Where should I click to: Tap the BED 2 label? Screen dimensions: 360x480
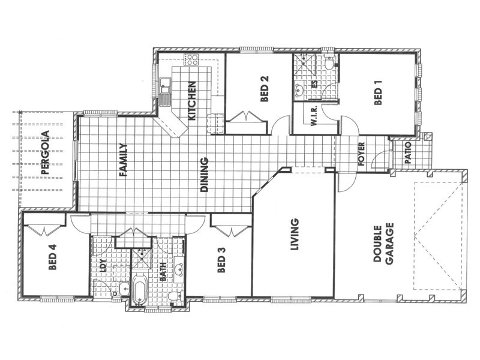point(264,89)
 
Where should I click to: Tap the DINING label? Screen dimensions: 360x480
point(204,175)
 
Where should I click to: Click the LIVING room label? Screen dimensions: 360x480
point(294,236)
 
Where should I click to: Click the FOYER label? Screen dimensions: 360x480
point(361,155)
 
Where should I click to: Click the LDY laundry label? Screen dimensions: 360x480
point(103,264)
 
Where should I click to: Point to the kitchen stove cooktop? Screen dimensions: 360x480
point(192,59)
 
